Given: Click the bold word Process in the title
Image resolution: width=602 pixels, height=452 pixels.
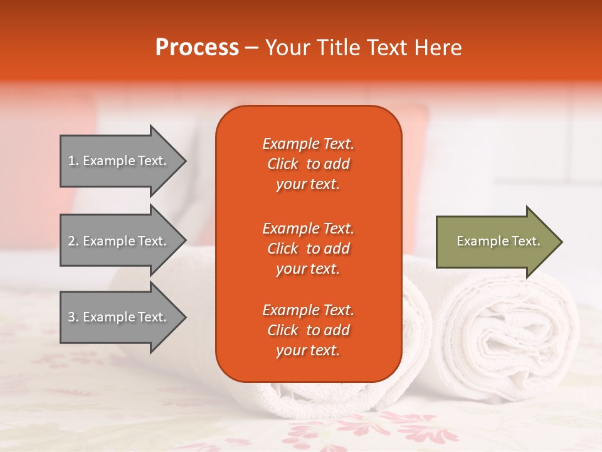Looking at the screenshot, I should click(197, 48).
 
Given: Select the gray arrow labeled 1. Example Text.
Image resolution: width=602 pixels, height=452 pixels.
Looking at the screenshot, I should click(117, 161).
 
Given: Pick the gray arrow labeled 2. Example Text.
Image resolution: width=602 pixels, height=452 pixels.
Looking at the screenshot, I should click(117, 241).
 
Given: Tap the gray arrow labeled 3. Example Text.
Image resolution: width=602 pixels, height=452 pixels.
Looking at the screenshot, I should click(117, 317).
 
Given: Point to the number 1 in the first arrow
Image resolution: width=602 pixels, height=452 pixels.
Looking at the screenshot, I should click(71, 161).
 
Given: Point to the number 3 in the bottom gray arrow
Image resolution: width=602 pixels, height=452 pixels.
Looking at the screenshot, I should click(71, 317).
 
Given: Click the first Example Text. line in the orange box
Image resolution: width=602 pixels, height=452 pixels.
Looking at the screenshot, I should click(308, 144).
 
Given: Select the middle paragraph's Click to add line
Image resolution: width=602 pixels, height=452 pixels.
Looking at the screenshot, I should click(308, 249).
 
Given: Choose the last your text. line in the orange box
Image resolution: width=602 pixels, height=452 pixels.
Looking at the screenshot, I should click(308, 351).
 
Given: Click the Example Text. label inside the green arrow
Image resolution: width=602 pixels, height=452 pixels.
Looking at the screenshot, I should click(498, 241).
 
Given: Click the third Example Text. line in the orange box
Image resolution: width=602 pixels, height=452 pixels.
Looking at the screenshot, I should click(308, 310).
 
